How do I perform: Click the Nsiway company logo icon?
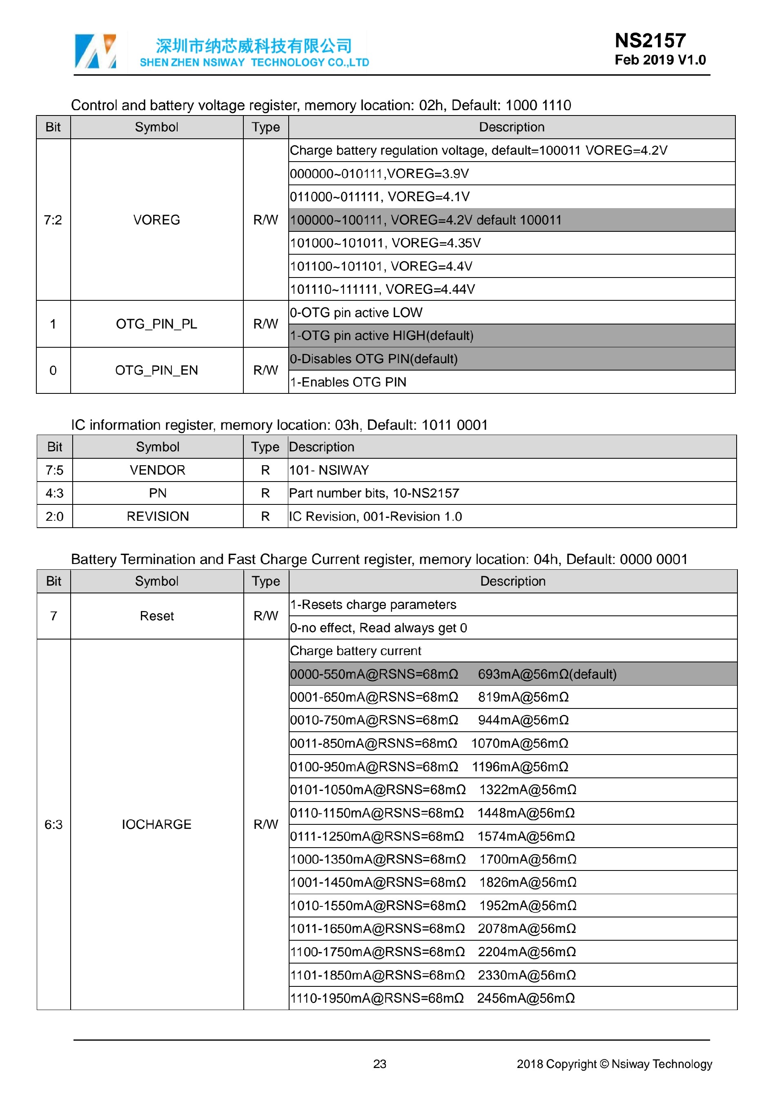pos(95,51)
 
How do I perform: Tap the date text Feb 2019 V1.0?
pos(659,60)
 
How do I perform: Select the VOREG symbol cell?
pos(156,220)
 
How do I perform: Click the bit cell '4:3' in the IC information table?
pos(55,493)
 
